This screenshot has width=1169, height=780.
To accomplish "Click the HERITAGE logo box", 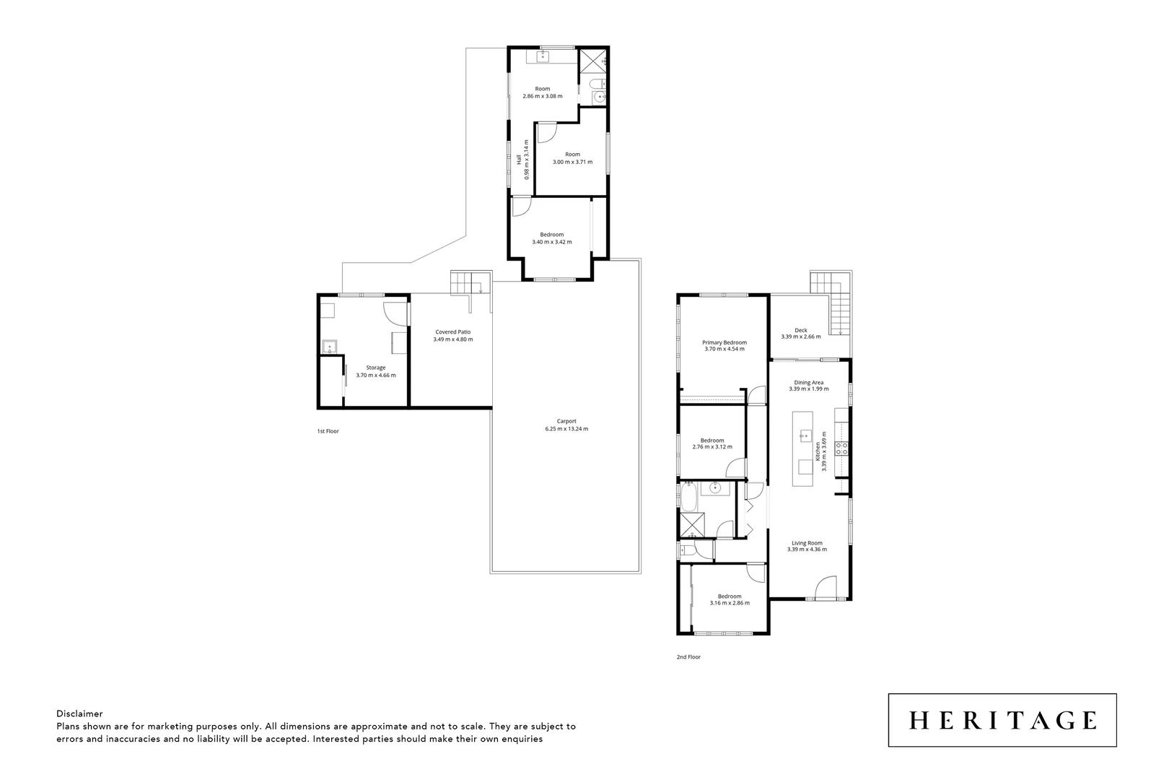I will [1002, 720].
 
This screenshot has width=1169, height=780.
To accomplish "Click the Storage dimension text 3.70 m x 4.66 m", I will [376, 376].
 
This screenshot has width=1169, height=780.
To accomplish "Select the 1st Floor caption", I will [328, 431].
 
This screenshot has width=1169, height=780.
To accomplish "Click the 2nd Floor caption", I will [689, 657].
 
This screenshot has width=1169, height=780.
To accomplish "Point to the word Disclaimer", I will [79, 713].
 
